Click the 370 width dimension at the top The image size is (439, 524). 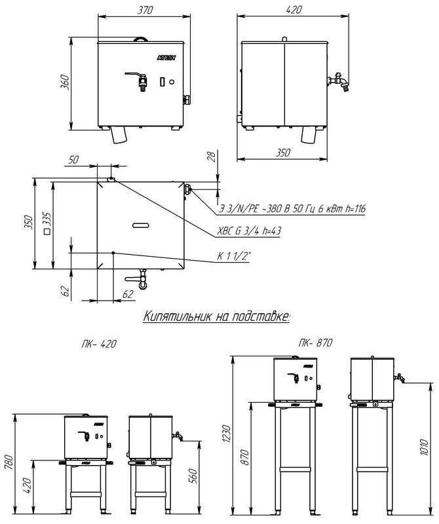pos(145,10)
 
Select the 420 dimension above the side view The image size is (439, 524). pos(294,10)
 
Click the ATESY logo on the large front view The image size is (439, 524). pos(166,58)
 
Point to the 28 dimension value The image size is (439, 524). pos(212,156)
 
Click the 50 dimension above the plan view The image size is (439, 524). pos(73,160)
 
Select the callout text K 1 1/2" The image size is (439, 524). pos(234,256)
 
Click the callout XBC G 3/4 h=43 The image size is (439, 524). pos(249,231)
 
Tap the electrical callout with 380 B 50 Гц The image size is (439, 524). pos(292,209)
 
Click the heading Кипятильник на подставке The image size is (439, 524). pos(216,316)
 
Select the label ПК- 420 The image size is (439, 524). pos(99,344)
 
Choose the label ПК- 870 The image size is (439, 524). pos(316,343)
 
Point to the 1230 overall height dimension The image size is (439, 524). pos(226,434)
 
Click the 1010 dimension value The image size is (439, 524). pos(424,447)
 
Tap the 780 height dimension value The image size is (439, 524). pos(9,462)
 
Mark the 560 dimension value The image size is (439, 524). pos(193,476)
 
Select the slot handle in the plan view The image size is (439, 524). pos(141,225)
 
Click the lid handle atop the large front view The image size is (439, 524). pos(140,39)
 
